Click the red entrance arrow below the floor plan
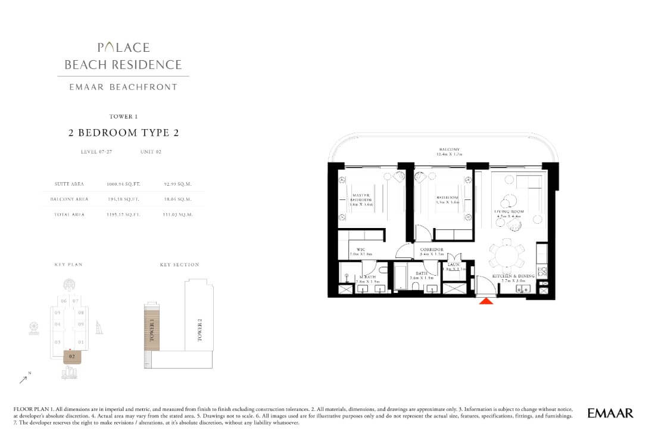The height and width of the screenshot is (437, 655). point(486,301)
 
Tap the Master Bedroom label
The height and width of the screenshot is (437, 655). point(361,199)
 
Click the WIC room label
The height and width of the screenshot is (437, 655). point(361,251)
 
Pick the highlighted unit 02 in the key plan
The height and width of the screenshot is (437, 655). point(71,356)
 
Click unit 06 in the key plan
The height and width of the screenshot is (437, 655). point(64,301)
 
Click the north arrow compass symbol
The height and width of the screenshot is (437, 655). point(24,379)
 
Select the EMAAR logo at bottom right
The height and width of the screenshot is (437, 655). point(610,413)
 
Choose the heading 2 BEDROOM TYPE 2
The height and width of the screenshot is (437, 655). point(123,133)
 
